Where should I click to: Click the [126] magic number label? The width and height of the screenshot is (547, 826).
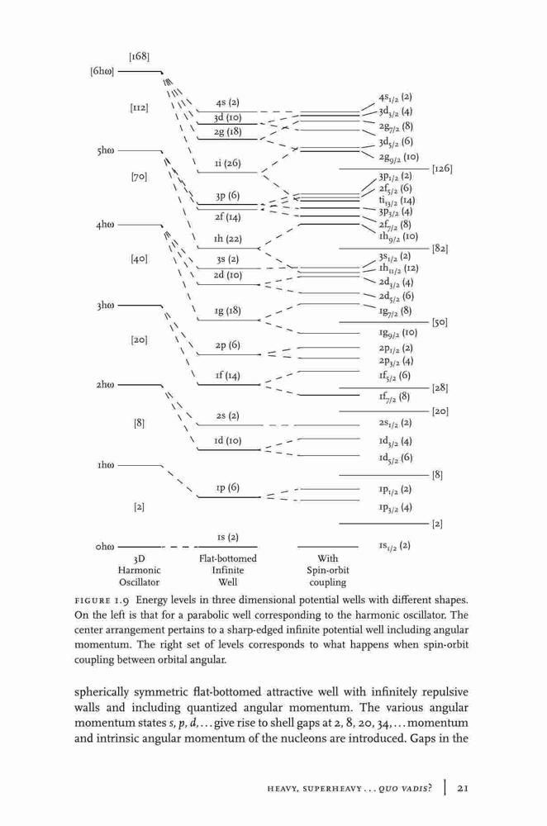click(442, 169)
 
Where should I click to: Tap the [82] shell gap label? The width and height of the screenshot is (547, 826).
click(440, 248)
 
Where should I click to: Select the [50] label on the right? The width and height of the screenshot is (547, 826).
click(440, 322)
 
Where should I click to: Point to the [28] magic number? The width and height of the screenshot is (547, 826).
click(440, 388)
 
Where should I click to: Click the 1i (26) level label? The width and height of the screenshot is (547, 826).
click(228, 164)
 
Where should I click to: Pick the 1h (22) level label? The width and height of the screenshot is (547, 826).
click(228, 239)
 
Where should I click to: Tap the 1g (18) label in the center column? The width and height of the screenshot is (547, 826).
click(228, 311)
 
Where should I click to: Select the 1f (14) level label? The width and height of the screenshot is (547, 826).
click(228, 376)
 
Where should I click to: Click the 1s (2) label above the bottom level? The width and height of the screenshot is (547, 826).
click(228, 538)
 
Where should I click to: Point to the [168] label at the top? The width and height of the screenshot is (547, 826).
click(139, 56)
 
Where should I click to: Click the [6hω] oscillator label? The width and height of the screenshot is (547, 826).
click(102, 71)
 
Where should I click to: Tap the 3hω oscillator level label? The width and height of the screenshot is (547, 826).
click(106, 306)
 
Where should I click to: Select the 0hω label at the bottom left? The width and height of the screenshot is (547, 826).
click(105, 547)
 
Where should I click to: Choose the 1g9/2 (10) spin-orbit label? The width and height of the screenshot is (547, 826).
click(397, 333)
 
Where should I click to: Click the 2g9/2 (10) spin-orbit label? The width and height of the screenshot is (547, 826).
click(398, 157)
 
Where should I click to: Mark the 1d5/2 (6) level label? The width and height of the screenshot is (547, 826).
click(395, 458)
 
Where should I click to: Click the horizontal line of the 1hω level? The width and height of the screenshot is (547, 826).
click(140, 466)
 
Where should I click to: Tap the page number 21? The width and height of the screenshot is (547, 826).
click(463, 788)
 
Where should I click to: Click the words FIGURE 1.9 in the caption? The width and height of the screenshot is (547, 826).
click(102, 600)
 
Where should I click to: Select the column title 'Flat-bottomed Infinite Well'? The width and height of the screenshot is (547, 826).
click(228, 571)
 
